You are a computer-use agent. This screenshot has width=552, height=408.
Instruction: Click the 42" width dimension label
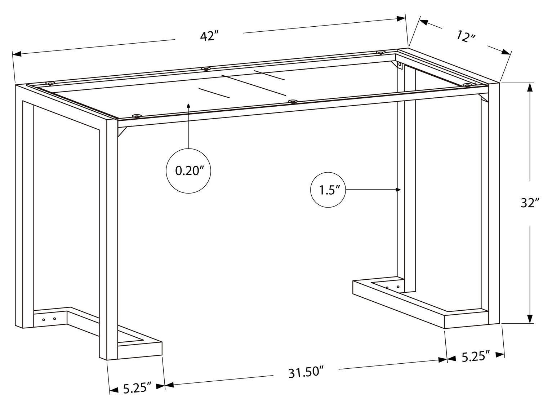(x=209, y=36)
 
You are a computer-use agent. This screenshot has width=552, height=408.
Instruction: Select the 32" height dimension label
(x=530, y=203)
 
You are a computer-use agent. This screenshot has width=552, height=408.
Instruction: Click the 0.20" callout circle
(x=188, y=171)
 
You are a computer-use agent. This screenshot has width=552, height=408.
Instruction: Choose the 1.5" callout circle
(x=328, y=190)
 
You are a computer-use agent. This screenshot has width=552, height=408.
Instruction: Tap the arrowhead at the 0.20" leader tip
(x=188, y=105)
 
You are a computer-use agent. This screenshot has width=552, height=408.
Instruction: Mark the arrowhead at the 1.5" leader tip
(x=398, y=190)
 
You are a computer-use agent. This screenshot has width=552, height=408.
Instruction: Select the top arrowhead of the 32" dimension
(x=530, y=88)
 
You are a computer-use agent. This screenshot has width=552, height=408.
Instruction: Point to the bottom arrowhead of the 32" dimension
(x=530, y=319)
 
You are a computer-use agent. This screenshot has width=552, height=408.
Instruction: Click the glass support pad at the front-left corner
(x=136, y=116)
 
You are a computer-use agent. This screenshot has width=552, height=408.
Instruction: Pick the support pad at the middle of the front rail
(x=293, y=102)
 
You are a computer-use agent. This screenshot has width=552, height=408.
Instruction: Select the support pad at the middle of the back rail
(x=206, y=68)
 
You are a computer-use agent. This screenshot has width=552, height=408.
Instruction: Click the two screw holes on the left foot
(x=49, y=319)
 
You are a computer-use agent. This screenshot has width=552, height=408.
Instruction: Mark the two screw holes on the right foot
(x=393, y=287)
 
